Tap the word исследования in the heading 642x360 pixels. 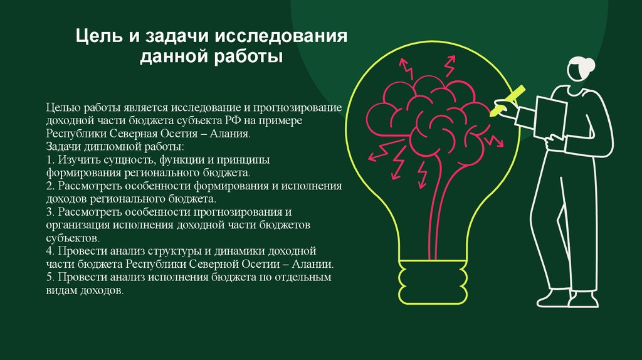click(281, 36)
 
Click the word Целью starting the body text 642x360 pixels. click(63, 108)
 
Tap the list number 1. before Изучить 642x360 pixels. click(50, 160)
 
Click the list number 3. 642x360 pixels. click(50, 212)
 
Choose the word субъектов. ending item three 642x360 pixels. click(73, 238)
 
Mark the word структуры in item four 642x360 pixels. click(174, 251)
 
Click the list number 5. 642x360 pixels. click(50, 277)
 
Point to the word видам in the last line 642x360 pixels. click(61, 290)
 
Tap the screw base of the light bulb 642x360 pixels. click(433, 282)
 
